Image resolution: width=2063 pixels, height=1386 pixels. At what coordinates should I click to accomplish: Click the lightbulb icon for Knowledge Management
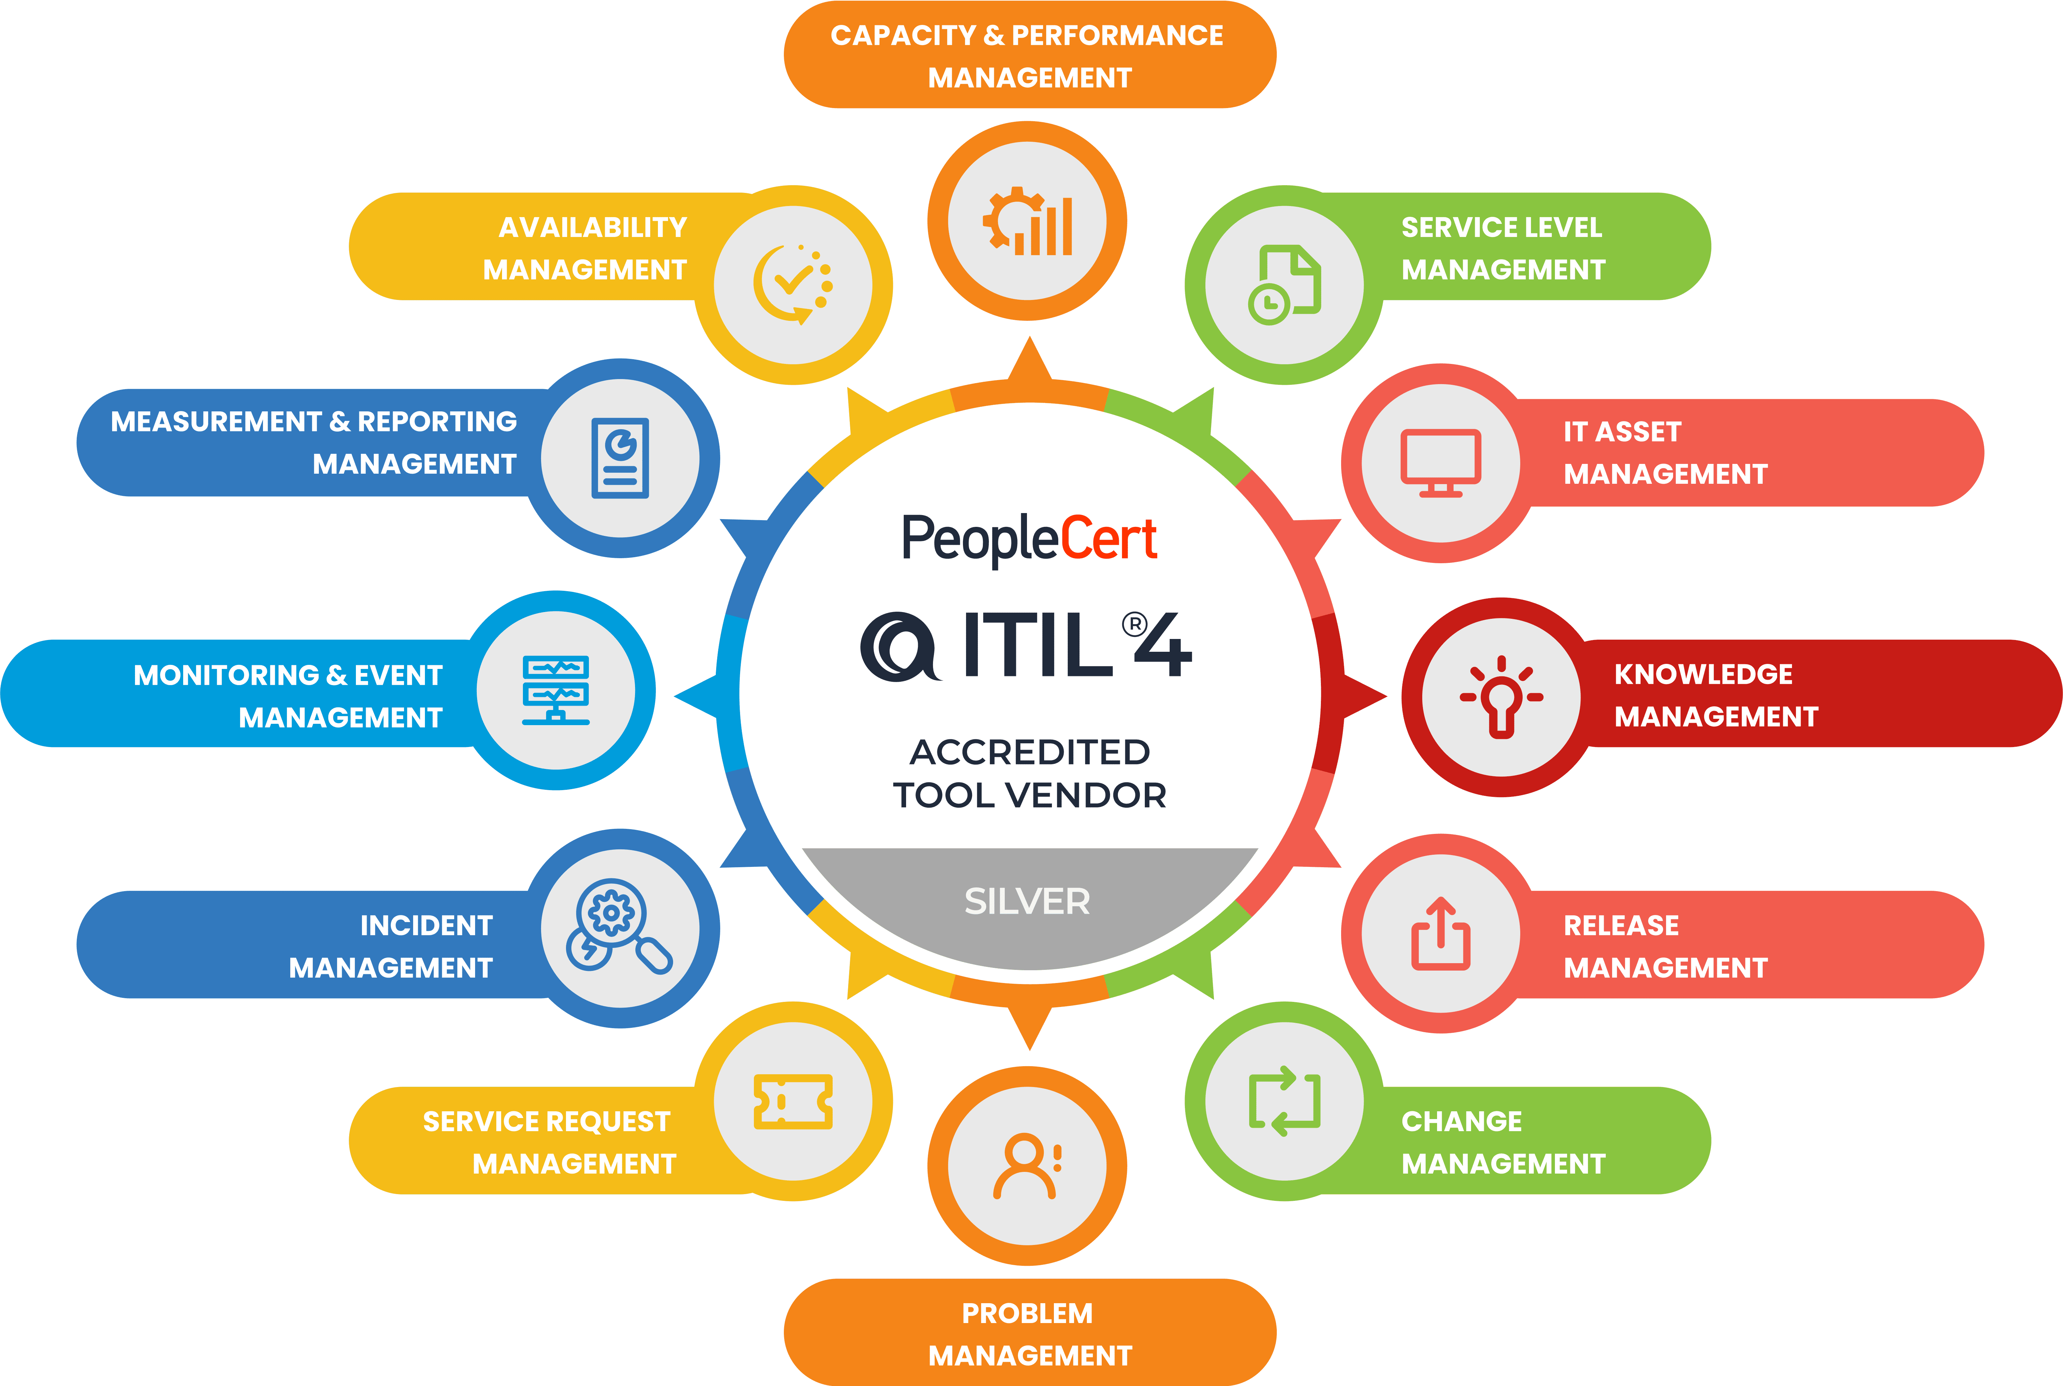click(x=1501, y=698)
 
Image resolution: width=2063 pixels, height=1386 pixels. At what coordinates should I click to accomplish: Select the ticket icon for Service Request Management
click(x=793, y=1102)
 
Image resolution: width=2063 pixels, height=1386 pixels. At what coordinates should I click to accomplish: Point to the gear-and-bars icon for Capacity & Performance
click(x=1027, y=221)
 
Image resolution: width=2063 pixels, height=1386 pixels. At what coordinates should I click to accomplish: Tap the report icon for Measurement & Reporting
click(x=620, y=458)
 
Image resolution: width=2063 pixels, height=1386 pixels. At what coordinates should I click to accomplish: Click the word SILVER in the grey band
click(x=1027, y=902)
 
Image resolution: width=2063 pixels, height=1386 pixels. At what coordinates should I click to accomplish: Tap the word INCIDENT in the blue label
click(x=426, y=925)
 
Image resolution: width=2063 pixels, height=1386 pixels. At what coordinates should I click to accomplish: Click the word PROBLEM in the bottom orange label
click(x=1027, y=1314)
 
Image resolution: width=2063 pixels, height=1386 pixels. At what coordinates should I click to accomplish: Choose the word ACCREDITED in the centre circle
click(x=1030, y=752)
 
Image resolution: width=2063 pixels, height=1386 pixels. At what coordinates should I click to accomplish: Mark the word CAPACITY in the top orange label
click(x=902, y=35)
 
